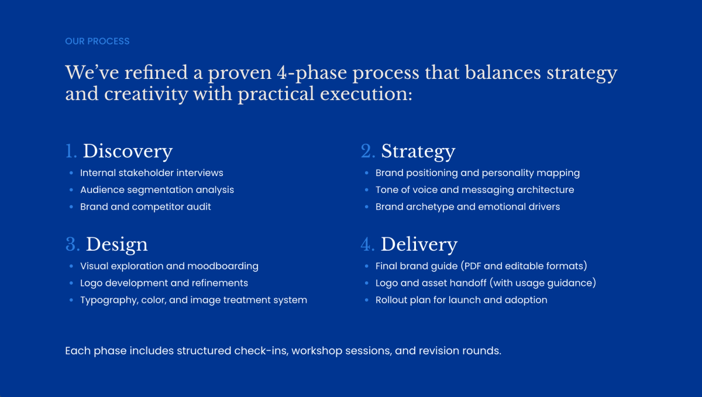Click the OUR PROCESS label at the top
click(97, 42)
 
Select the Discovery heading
click(128, 151)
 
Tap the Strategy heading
click(418, 151)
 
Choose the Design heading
click(116, 244)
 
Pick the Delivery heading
click(419, 244)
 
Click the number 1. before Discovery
click(71, 151)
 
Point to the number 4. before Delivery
click(367, 244)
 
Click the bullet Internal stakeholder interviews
click(152, 173)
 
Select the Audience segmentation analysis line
click(157, 190)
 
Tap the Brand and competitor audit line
click(146, 207)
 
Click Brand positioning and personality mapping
click(477, 173)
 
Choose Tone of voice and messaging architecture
click(474, 190)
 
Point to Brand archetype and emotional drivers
click(467, 207)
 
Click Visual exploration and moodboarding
click(169, 266)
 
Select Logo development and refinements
click(164, 283)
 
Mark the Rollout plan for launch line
click(461, 300)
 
